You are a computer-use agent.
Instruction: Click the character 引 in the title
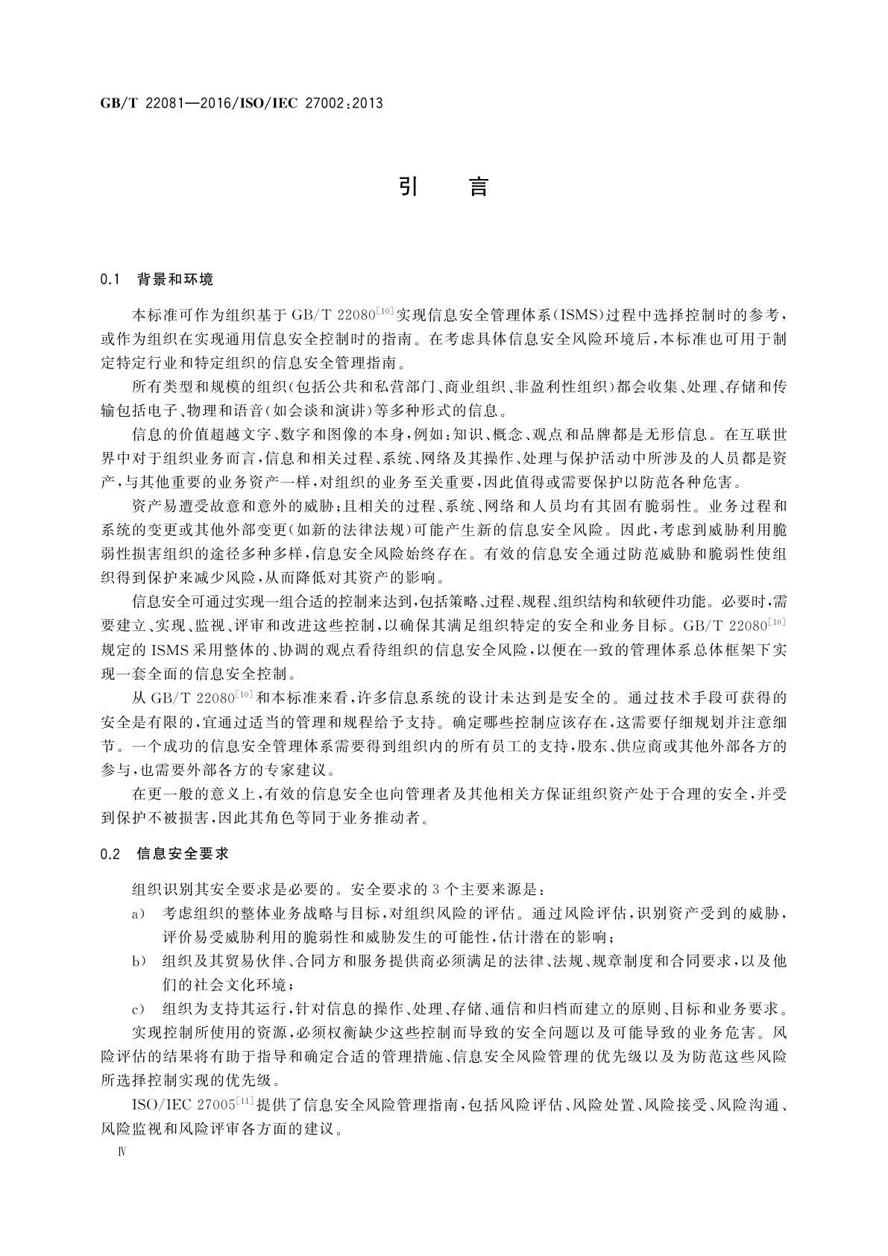(x=407, y=186)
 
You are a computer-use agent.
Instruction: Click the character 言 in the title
(x=478, y=186)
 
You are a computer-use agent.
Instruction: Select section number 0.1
(x=110, y=280)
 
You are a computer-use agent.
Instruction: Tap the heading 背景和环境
(x=175, y=280)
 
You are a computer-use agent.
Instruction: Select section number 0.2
(x=110, y=855)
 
